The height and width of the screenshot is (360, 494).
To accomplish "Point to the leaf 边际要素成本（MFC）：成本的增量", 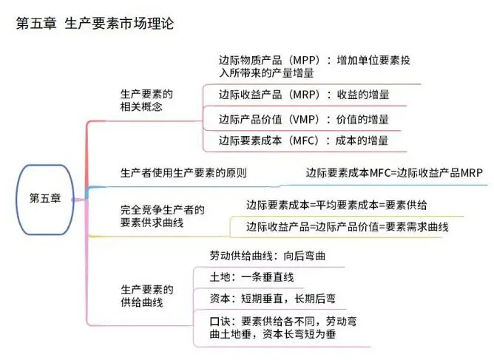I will (x=304, y=141).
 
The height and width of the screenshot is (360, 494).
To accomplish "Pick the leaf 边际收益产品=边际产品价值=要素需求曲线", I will (x=347, y=227).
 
